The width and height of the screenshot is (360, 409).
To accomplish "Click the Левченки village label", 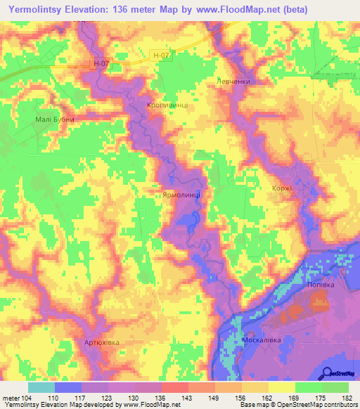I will point(233,82).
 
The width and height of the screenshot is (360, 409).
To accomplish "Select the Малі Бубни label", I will point(54,119).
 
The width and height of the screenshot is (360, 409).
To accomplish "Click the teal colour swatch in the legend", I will point(41,387).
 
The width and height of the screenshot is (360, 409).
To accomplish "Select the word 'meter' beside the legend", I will point(13,397).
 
